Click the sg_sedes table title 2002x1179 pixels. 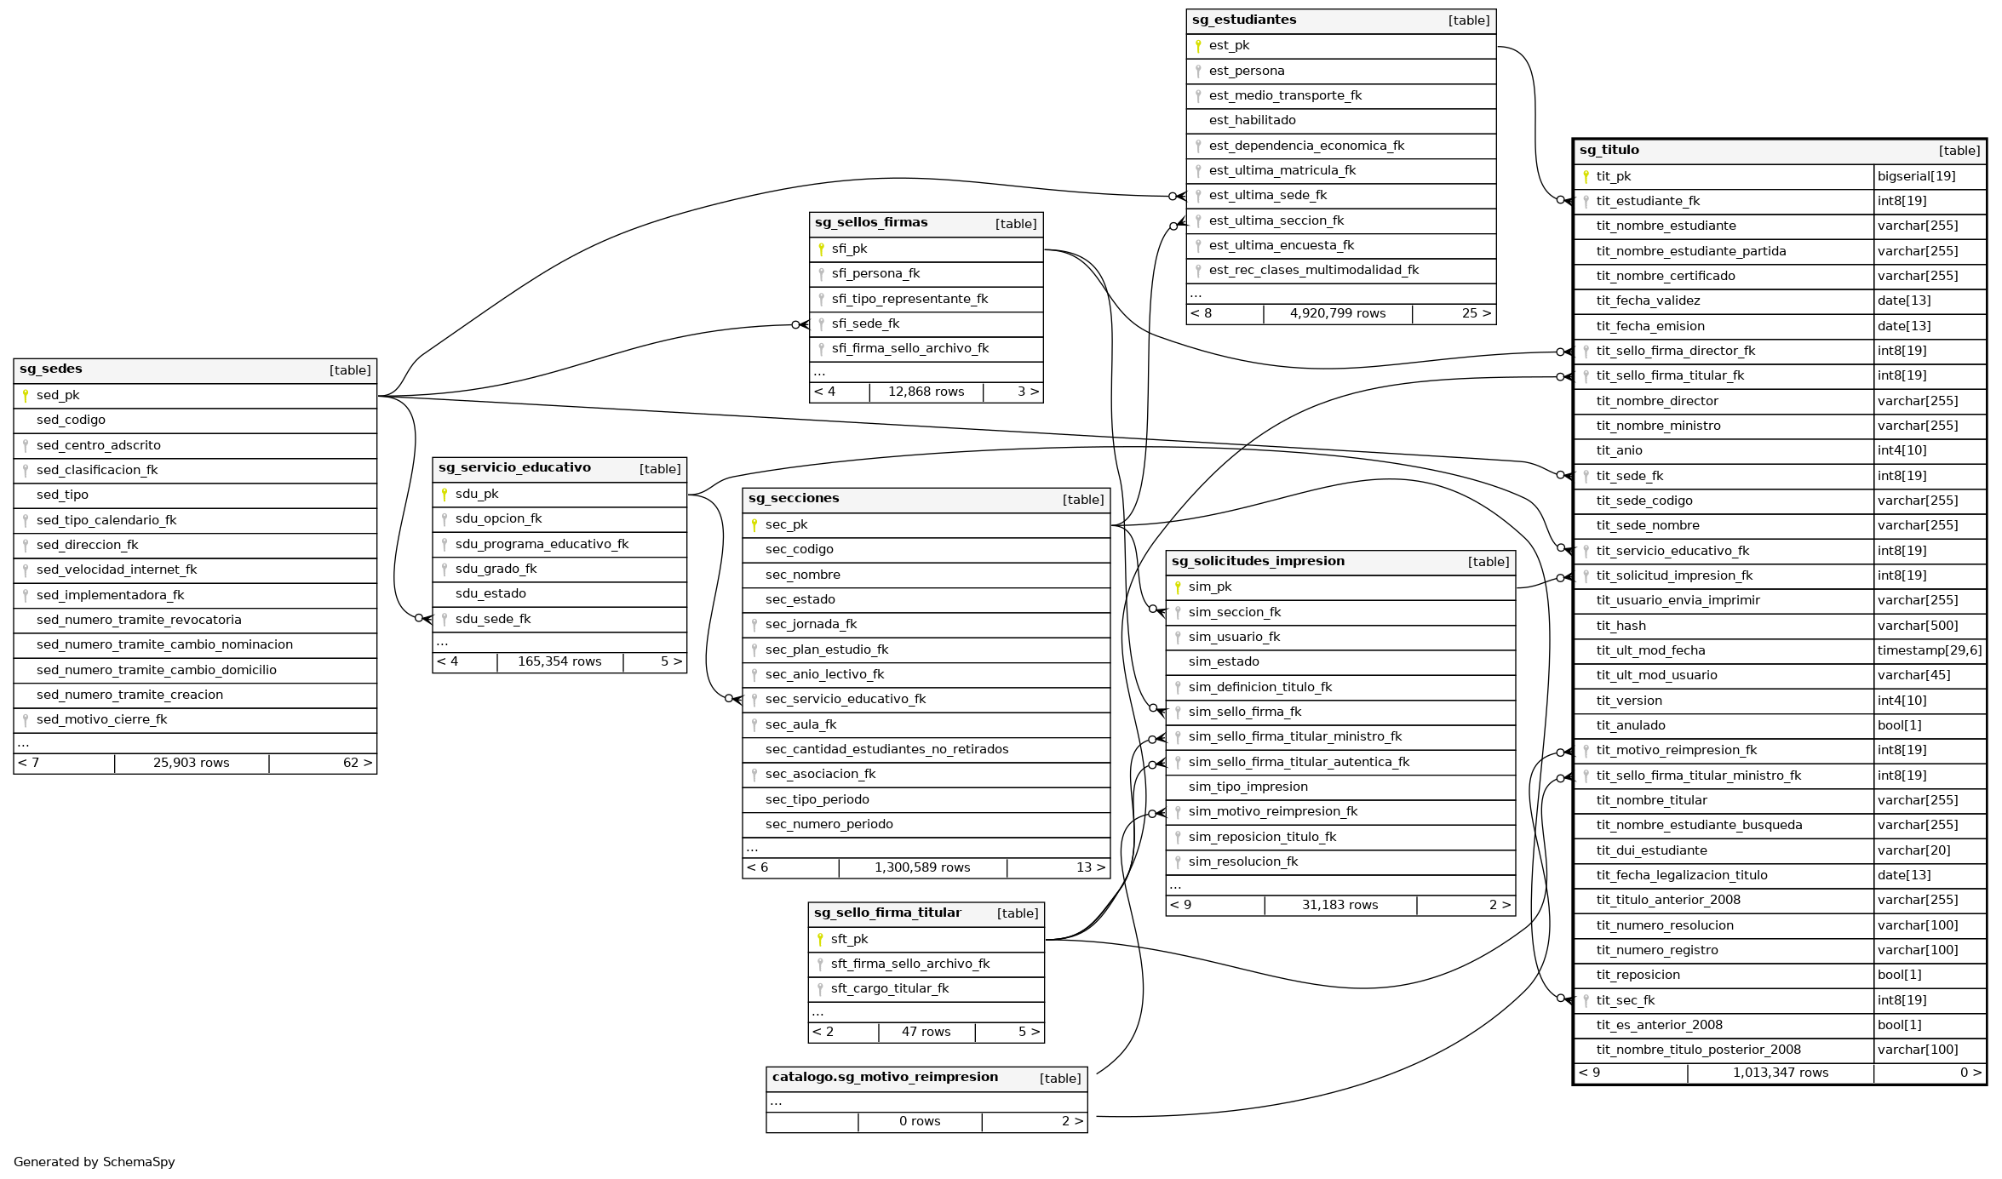(x=51, y=369)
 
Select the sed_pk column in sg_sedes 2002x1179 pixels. (x=58, y=396)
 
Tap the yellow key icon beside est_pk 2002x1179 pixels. (x=1197, y=46)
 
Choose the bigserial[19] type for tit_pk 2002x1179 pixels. (x=1916, y=176)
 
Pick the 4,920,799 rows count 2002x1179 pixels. (x=1337, y=314)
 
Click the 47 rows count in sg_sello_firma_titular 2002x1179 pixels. (x=926, y=1032)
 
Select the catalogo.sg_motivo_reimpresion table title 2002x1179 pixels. (x=885, y=1078)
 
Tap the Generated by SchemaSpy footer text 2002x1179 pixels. (x=95, y=1162)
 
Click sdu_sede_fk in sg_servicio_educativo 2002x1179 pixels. (x=492, y=619)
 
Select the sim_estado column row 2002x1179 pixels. (x=1224, y=662)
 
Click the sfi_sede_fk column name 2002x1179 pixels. (x=865, y=324)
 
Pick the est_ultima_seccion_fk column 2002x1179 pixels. (x=1276, y=221)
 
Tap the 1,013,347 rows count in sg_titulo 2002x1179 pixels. (x=1780, y=1073)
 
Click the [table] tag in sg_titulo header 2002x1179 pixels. (x=1959, y=151)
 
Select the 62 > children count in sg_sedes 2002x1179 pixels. (x=357, y=763)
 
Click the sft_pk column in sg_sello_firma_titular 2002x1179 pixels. (x=849, y=940)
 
